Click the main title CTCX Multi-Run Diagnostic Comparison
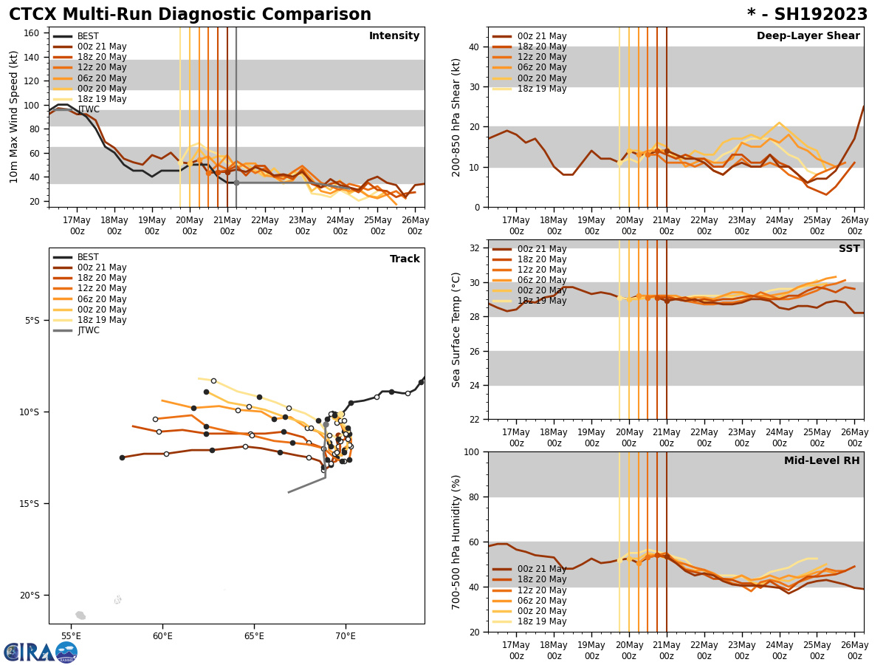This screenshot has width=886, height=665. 190,15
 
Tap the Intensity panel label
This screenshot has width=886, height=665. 394,36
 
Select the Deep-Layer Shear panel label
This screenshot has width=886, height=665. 808,36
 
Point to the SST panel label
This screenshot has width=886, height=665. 849,249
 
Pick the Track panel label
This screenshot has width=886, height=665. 405,259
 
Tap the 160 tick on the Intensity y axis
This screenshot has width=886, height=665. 32,33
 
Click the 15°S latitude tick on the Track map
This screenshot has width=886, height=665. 30,504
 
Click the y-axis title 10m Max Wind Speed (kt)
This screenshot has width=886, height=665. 13,117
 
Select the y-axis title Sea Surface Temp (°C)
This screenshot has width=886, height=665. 457,330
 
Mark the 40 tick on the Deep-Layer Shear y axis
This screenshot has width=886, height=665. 473,47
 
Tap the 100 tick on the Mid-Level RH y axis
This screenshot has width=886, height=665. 470,451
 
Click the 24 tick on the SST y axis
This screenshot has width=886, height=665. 473,385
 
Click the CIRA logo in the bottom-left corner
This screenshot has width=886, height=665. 40,652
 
